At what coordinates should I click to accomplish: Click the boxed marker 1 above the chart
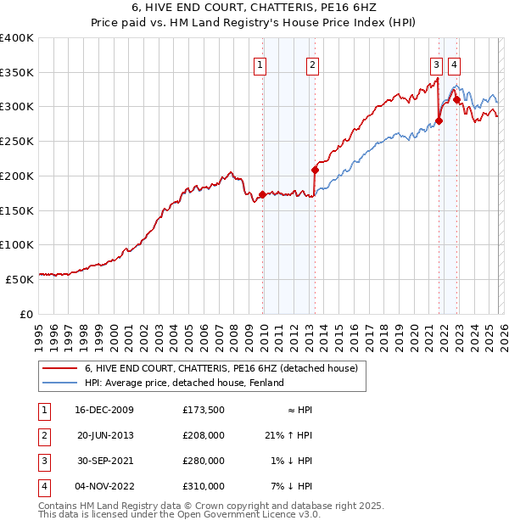coord(259,64)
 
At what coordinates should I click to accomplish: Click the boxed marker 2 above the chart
coord(312,64)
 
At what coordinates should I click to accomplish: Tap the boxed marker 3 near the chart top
coord(436,64)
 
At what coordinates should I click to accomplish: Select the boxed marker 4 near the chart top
coord(455,64)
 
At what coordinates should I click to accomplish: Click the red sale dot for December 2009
coord(262,194)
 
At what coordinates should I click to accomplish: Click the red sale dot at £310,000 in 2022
coord(456,100)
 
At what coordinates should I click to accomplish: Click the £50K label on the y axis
coord(20,279)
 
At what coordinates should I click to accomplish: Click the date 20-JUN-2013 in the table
coord(105,435)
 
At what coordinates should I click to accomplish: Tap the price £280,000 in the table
coord(204,461)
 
